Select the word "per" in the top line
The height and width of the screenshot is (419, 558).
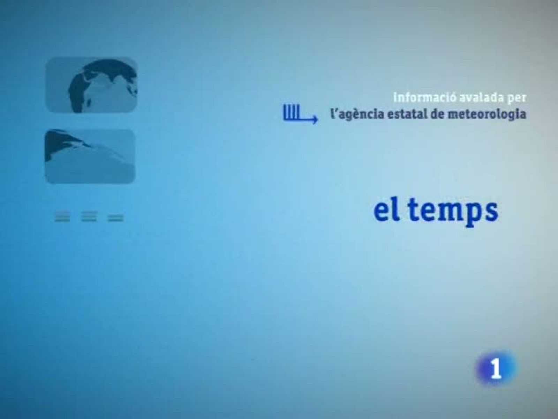tap(516, 98)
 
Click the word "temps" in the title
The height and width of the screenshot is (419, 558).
tap(453, 211)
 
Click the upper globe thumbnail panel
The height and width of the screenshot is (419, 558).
tap(91, 84)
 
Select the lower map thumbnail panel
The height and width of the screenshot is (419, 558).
tap(90, 156)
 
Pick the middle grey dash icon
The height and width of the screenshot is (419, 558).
tap(89, 218)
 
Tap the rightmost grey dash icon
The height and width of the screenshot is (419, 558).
tap(116, 219)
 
